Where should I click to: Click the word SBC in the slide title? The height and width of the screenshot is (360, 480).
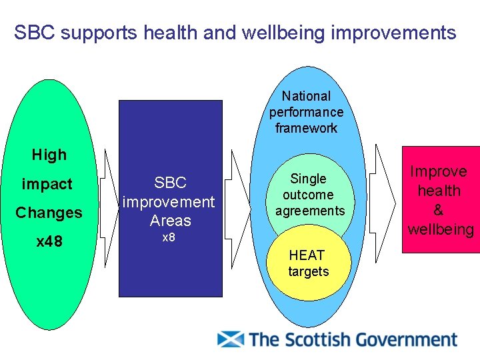(33, 32)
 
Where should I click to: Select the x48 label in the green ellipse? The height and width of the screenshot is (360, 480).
(49, 241)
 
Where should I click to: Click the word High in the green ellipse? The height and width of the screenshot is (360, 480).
(49, 155)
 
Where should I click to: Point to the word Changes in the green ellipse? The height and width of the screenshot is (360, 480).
(49, 213)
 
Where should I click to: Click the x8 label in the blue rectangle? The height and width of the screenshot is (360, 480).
(169, 238)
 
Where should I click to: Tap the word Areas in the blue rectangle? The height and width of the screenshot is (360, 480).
(171, 221)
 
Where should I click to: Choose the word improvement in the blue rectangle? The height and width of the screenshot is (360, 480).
(169, 201)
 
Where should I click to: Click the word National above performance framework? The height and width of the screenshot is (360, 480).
(306, 97)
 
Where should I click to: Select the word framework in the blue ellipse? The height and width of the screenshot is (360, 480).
(306, 128)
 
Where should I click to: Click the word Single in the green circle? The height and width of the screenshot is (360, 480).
(308, 179)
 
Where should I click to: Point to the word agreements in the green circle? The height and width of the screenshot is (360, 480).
(310, 211)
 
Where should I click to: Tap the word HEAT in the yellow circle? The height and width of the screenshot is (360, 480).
(307, 255)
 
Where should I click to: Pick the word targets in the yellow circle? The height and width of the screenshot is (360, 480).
(308, 271)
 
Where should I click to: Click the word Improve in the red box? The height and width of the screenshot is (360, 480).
(439, 171)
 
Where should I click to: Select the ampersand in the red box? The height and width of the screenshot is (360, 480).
(439, 210)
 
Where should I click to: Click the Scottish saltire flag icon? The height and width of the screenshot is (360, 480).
(231, 339)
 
